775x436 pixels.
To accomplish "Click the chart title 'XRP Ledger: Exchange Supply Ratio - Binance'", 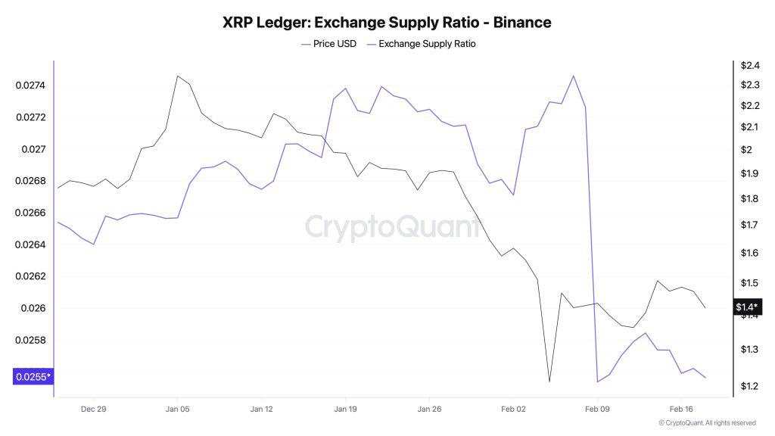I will coord(387,23).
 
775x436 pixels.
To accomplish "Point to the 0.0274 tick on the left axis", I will coord(30,86).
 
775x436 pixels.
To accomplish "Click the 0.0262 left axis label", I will coord(30,276).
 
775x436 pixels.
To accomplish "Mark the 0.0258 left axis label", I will coord(30,340).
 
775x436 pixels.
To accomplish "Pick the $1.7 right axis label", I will coord(746,226).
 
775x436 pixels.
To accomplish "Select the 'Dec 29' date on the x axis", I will coord(93,409).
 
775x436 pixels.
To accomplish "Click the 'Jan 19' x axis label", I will coord(345,409).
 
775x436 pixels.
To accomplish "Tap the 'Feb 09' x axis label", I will coord(597,409).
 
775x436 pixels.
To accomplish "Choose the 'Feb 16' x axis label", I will coord(681,409).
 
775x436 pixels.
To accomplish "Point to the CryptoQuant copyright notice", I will coord(707,423).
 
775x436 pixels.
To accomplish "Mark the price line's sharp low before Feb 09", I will coord(549,381).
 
